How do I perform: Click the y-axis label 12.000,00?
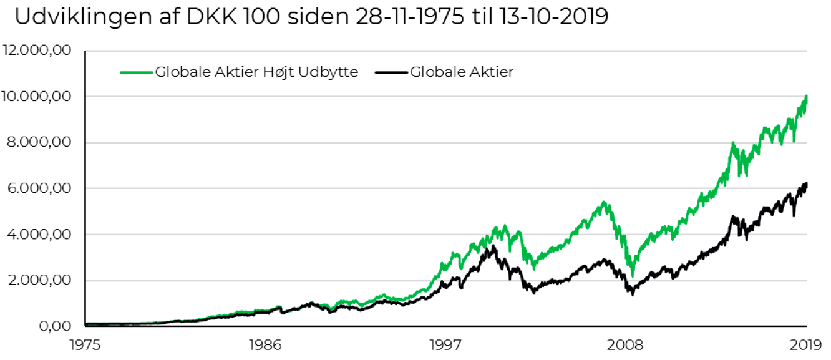(37, 51)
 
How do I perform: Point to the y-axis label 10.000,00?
(37, 97)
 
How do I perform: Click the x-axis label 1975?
(85, 344)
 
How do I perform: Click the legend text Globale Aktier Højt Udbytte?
(256, 72)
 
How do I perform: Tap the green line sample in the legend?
(137, 72)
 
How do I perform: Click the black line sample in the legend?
(391, 72)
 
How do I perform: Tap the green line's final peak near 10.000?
(806, 97)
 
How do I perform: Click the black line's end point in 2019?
(806, 184)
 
